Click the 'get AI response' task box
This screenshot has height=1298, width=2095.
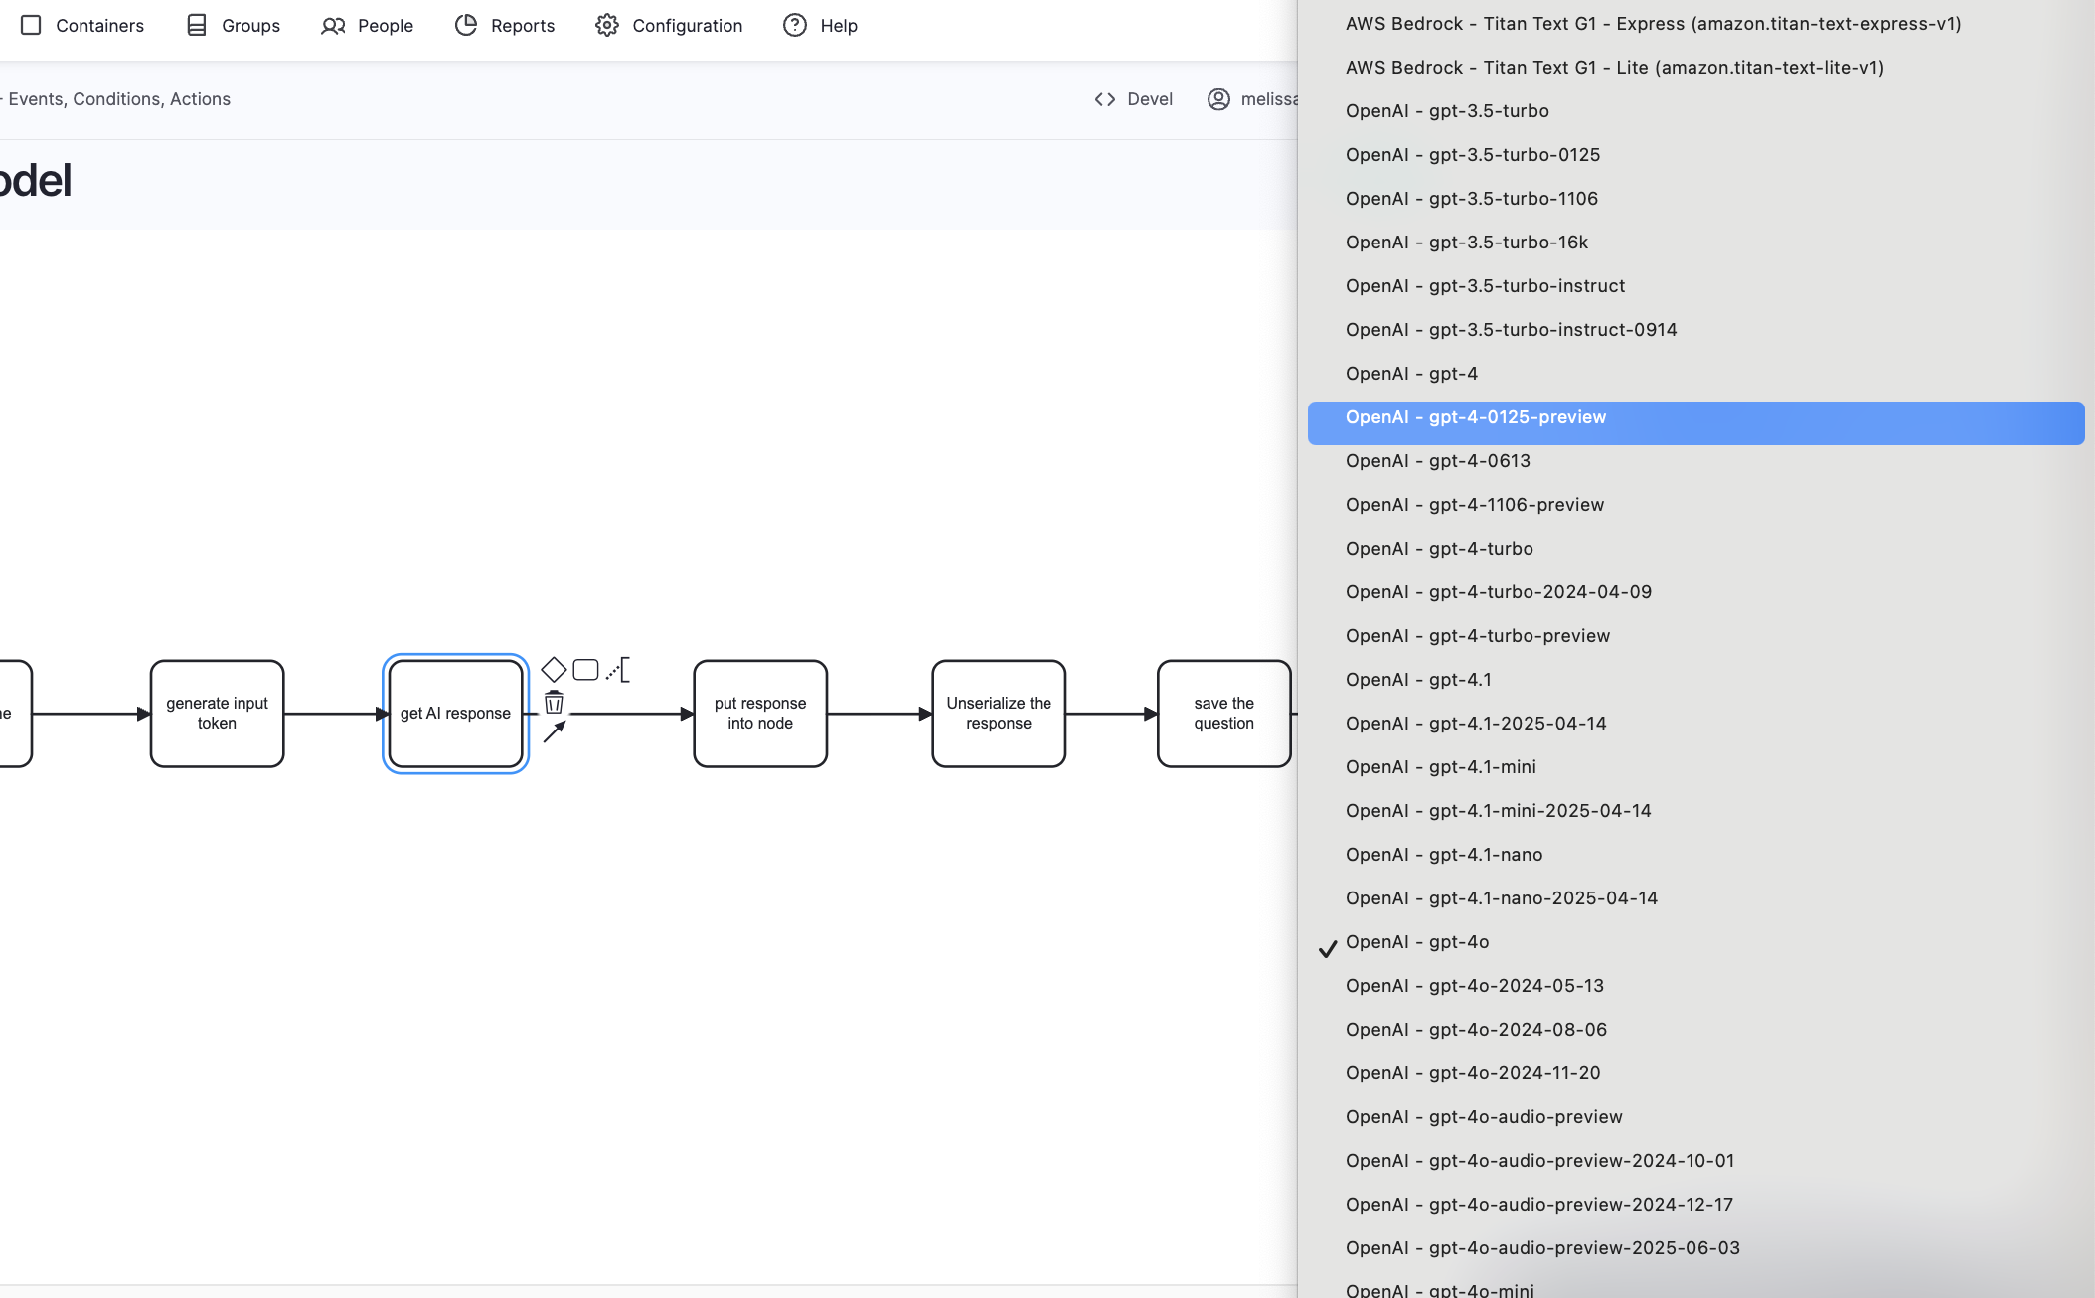tap(455, 714)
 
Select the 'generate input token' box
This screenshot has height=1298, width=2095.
tap(217, 714)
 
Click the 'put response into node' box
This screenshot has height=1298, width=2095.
tap(760, 714)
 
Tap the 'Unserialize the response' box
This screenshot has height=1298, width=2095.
tap(999, 714)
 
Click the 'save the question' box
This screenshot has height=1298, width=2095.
tap(1223, 714)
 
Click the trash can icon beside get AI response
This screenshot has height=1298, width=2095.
tap(554, 703)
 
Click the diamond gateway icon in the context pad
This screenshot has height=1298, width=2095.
tap(554, 670)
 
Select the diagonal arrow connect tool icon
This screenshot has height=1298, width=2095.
tap(555, 732)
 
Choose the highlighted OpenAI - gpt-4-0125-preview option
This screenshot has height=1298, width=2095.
tap(1475, 417)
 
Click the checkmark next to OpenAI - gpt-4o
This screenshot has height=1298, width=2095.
tap(1328, 949)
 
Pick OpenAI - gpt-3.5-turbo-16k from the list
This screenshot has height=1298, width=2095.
tap(1466, 243)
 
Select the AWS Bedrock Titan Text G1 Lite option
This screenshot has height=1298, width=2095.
tap(1614, 68)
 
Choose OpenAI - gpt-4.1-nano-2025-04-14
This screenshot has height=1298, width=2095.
tap(1501, 898)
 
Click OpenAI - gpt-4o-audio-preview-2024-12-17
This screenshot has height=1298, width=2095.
tap(1538, 1205)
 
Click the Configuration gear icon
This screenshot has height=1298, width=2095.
tap(607, 26)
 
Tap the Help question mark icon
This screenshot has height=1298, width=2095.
tap(795, 26)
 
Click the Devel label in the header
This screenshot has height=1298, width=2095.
tap(1149, 99)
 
